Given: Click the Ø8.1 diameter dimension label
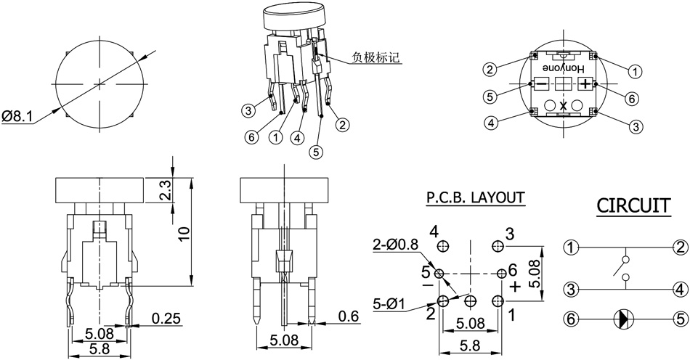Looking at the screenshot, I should pyautogui.click(x=17, y=116).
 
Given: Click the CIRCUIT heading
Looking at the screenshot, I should pyautogui.click(x=633, y=205).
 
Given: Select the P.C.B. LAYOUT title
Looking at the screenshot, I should pyautogui.click(x=475, y=197).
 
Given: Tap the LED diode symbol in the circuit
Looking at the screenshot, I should pyautogui.click(x=622, y=317).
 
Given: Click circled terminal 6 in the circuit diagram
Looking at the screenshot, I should pyautogui.click(x=572, y=317).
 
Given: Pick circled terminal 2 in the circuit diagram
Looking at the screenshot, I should pyautogui.click(x=680, y=247).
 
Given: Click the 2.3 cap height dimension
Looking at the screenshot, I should pyautogui.click(x=166, y=191).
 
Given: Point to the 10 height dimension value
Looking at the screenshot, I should pyautogui.click(x=184, y=233).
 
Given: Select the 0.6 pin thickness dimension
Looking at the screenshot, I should pyautogui.click(x=349, y=316).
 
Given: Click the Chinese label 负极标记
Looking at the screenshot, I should pyautogui.click(x=377, y=57).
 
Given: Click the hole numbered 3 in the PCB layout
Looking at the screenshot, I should pyautogui.click(x=497, y=247).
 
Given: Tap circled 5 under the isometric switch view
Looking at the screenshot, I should pyautogui.click(x=314, y=152).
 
